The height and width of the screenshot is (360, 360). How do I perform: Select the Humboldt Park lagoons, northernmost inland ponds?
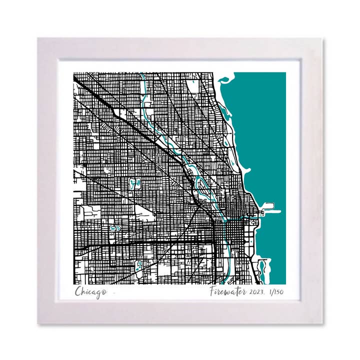(134, 184)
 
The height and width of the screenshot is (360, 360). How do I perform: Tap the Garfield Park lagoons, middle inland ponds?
(114, 228)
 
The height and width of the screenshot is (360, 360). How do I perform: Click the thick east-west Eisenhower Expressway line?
(150, 244)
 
